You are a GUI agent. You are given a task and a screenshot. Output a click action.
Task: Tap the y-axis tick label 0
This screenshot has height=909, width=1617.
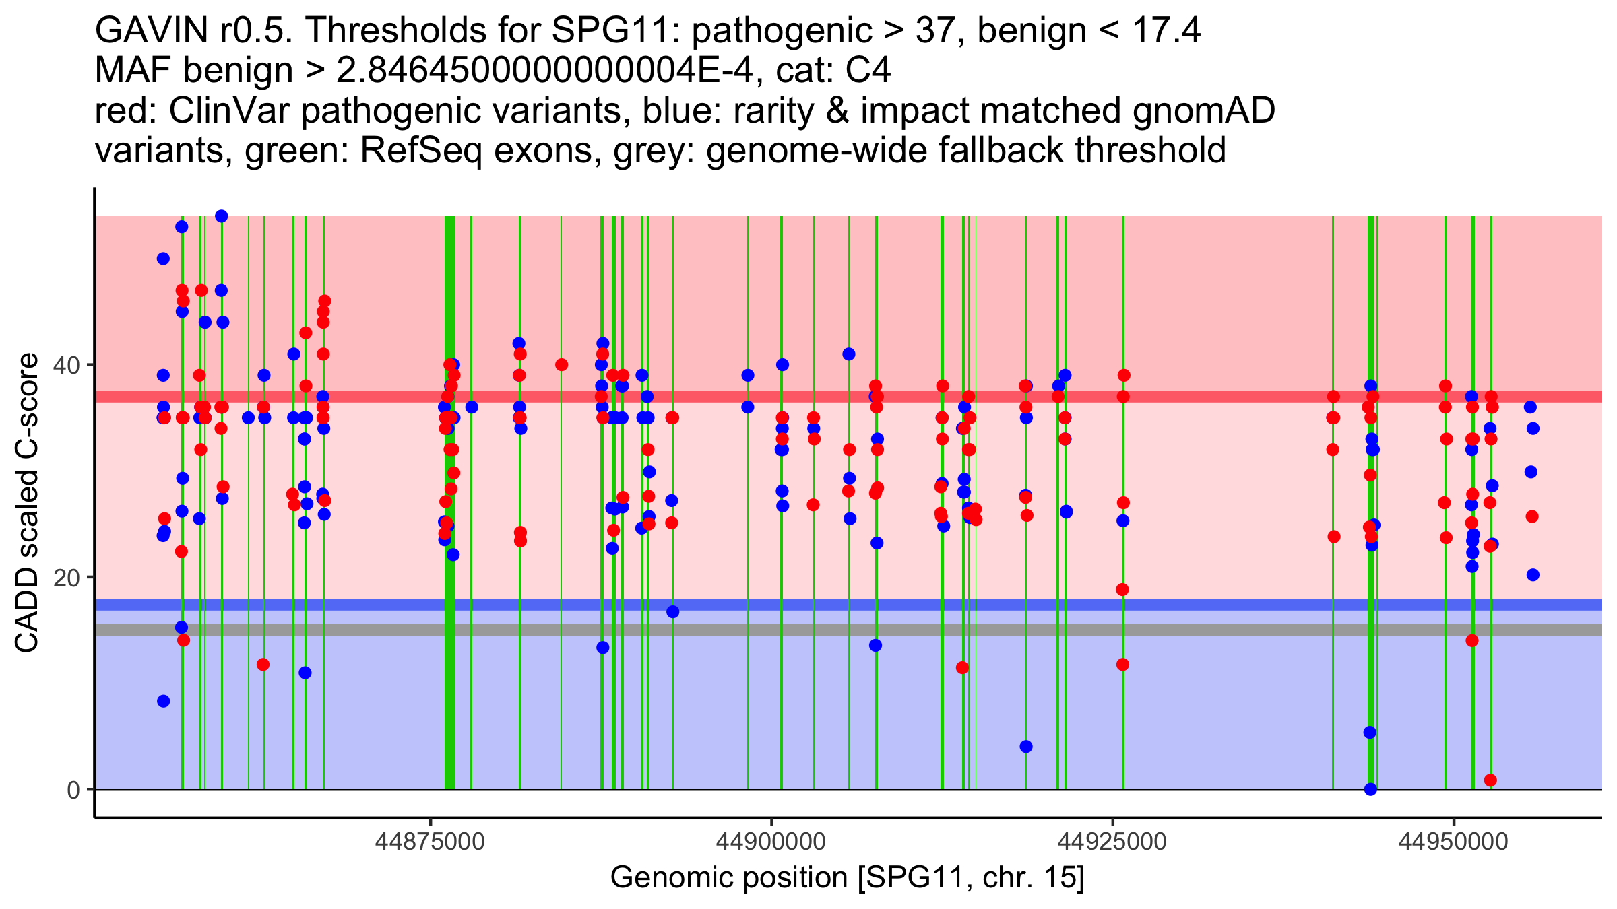click(x=73, y=790)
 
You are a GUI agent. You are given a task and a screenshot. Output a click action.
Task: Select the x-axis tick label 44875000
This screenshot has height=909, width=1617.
click(x=430, y=842)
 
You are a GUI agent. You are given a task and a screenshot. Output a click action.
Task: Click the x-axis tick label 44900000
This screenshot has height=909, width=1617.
click(x=771, y=842)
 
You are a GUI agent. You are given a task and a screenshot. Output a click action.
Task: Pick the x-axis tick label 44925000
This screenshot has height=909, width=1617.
click(x=1112, y=842)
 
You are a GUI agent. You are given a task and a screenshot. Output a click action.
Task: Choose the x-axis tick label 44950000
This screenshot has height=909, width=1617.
click(x=1453, y=842)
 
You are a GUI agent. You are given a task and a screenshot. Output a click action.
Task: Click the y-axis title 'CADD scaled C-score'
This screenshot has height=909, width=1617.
click(x=27, y=504)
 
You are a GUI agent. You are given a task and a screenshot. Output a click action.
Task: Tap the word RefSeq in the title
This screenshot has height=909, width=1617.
click(x=420, y=150)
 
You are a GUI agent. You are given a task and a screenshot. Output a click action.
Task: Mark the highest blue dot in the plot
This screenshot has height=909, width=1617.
click(x=221, y=216)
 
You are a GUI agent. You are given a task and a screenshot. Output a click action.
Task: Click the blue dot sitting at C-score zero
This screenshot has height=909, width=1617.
click(x=1370, y=789)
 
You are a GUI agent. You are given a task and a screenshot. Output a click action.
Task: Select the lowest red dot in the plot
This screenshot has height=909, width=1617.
click(x=1490, y=780)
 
